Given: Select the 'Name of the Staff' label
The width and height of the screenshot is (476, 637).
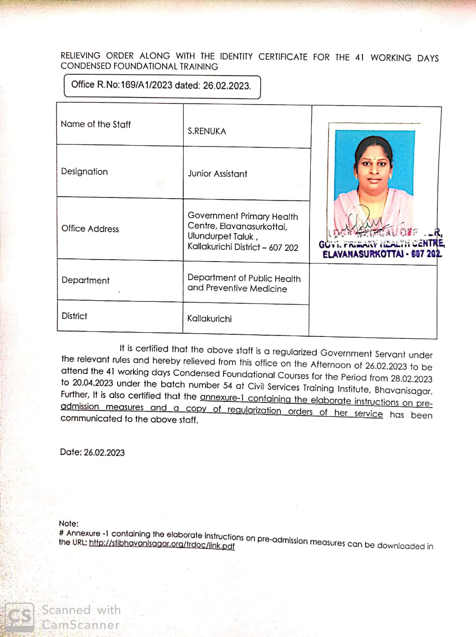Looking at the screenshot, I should pyautogui.click(x=96, y=124).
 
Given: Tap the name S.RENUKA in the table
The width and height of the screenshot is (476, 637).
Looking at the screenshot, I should pyautogui.click(x=207, y=131).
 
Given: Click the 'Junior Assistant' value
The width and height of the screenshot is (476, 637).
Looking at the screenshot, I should pyautogui.click(x=217, y=174).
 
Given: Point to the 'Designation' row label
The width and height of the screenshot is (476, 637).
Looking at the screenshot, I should pyautogui.click(x=84, y=172).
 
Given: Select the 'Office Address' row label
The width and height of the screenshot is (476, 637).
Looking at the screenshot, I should pyautogui.click(x=90, y=229).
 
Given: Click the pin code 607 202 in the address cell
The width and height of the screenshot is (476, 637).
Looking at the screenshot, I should pyautogui.click(x=284, y=248).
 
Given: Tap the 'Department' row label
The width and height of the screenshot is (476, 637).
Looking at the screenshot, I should pyautogui.click(x=85, y=280).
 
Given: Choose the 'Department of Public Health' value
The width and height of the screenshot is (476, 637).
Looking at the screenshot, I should pyautogui.click(x=244, y=278).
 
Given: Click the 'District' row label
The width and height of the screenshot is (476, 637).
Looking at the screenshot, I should pyautogui.click(x=74, y=316).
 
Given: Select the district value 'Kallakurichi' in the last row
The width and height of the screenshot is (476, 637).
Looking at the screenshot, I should pyautogui.click(x=210, y=319).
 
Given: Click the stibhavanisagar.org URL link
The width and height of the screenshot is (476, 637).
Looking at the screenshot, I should pyautogui.click(x=162, y=544).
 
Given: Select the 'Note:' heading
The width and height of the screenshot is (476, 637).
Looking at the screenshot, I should pyautogui.click(x=69, y=524).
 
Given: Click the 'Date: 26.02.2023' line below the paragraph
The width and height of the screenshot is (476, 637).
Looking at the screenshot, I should pyautogui.click(x=92, y=453).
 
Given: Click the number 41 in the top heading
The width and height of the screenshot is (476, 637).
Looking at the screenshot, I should pyautogui.click(x=359, y=57).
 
